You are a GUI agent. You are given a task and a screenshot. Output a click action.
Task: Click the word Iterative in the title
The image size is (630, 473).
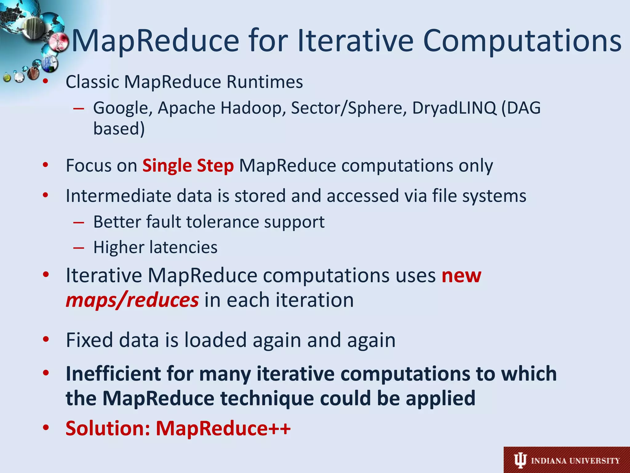[356, 41]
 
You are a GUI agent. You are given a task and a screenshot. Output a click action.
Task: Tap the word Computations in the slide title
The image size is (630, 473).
[522, 41]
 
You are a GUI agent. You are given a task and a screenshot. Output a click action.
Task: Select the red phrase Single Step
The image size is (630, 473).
[188, 166]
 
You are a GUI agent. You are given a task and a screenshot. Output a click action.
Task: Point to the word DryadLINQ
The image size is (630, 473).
[454, 108]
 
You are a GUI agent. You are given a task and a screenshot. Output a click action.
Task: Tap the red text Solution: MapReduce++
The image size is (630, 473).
[178, 428]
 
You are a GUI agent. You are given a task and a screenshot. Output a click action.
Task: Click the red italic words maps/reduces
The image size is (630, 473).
[132, 300]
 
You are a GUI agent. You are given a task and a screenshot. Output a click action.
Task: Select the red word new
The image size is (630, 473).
[461, 276]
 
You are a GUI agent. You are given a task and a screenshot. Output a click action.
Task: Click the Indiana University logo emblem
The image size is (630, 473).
[520, 460]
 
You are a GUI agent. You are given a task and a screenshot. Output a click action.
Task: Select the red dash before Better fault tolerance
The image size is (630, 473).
[79, 222]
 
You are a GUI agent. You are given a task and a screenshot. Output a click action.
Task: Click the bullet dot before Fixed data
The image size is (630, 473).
[46, 339]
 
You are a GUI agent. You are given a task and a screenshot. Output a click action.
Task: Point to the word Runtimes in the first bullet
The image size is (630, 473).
[265, 82]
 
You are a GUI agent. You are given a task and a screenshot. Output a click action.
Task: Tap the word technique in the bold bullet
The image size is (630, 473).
[267, 398]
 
